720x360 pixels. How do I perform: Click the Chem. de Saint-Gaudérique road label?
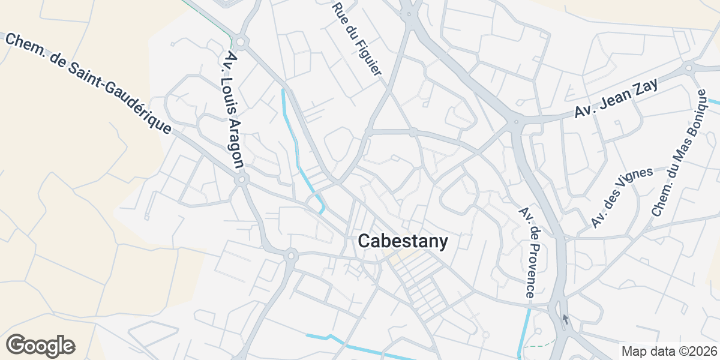(x=88, y=83)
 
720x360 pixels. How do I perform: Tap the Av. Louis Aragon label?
(x=233, y=109)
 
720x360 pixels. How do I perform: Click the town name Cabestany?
(x=403, y=242)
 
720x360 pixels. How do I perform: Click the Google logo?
(x=40, y=346)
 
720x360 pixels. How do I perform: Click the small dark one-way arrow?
(x=565, y=319)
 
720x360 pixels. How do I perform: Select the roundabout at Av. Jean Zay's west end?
(x=515, y=123)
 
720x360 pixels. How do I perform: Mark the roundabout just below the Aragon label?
(x=242, y=179)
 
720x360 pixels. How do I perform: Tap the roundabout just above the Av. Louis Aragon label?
(x=240, y=42)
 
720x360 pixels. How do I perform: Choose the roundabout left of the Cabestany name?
(x=291, y=255)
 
